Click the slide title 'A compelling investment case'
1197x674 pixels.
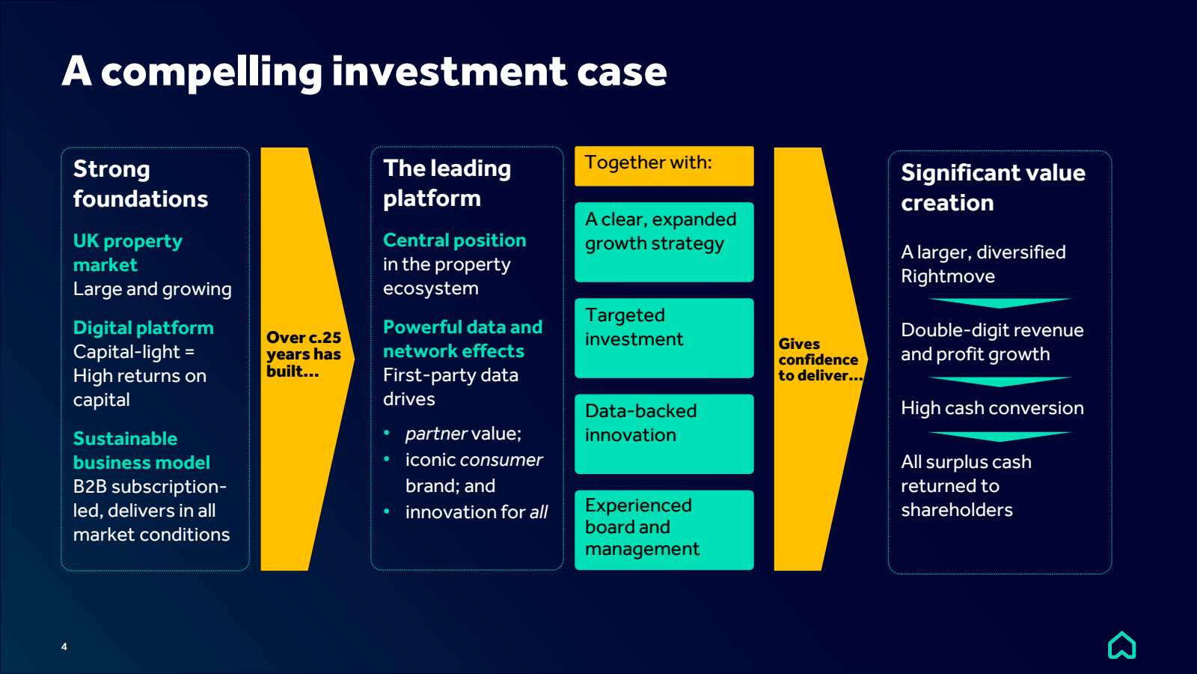(x=364, y=72)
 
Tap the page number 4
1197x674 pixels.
(x=64, y=646)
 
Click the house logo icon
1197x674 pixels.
(x=1121, y=645)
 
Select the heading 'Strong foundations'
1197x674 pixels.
(x=140, y=184)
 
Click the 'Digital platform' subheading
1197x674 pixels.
(x=144, y=328)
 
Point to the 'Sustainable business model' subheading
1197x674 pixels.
(x=141, y=450)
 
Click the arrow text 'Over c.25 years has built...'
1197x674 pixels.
(x=303, y=354)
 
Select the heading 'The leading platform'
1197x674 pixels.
(x=447, y=183)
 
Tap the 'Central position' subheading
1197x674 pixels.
(x=454, y=240)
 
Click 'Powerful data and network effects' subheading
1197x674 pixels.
(x=462, y=339)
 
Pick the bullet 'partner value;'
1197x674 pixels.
(x=462, y=434)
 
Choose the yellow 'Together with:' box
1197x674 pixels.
(x=664, y=166)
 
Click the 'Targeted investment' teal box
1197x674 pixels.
(x=664, y=338)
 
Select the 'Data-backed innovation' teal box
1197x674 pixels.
(x=664, y=434)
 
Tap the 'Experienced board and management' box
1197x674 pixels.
(x=664, y=529)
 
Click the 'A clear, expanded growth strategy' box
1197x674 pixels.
(x=664, y=242)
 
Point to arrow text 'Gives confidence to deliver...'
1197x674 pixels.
(x=818, y=360)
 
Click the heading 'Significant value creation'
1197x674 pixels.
(x=992, y=188)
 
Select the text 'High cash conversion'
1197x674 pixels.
(x=992, y=408)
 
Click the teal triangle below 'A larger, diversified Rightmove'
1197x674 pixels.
(x=999, y=303)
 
